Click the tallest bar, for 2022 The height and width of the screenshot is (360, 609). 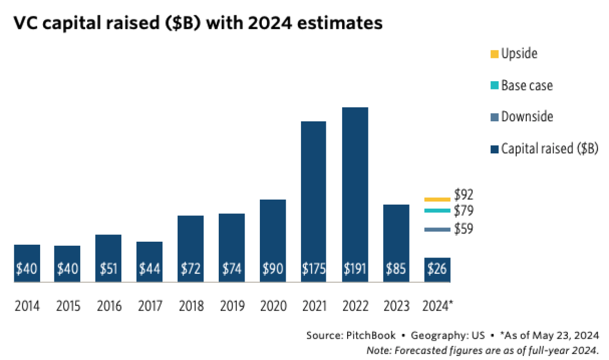pos(355,193)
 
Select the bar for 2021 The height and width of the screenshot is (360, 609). pos(314,201)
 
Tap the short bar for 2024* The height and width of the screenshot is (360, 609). pos(437,269)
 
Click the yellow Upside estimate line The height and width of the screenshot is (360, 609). pos(437,199)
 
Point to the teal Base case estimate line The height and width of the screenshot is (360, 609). pos(437,211)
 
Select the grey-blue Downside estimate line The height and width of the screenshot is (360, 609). pos(437,230)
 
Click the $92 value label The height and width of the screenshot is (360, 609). pos(464,194)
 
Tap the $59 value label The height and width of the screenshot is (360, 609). pos(464,229)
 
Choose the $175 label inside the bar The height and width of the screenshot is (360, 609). pos(314,269)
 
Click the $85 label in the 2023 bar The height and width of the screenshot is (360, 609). pos(396,269)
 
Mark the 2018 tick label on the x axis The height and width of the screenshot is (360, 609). pos(191,306)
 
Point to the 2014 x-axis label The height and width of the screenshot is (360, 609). pos(27,306)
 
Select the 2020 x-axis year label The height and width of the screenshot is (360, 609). pos(273,306)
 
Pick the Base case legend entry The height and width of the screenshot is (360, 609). pos(526,85)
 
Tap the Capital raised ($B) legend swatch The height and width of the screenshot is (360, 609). pos(494,149)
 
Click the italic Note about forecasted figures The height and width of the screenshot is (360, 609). pos(483,350)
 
